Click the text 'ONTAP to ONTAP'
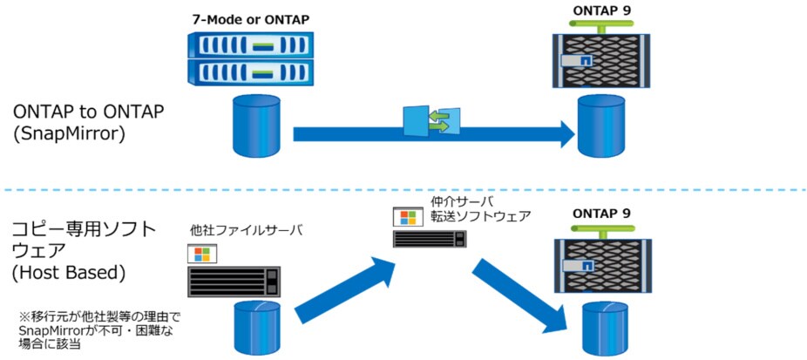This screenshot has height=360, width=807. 89,113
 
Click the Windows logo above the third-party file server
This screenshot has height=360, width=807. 202,254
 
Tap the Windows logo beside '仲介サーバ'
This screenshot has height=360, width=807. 405,217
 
